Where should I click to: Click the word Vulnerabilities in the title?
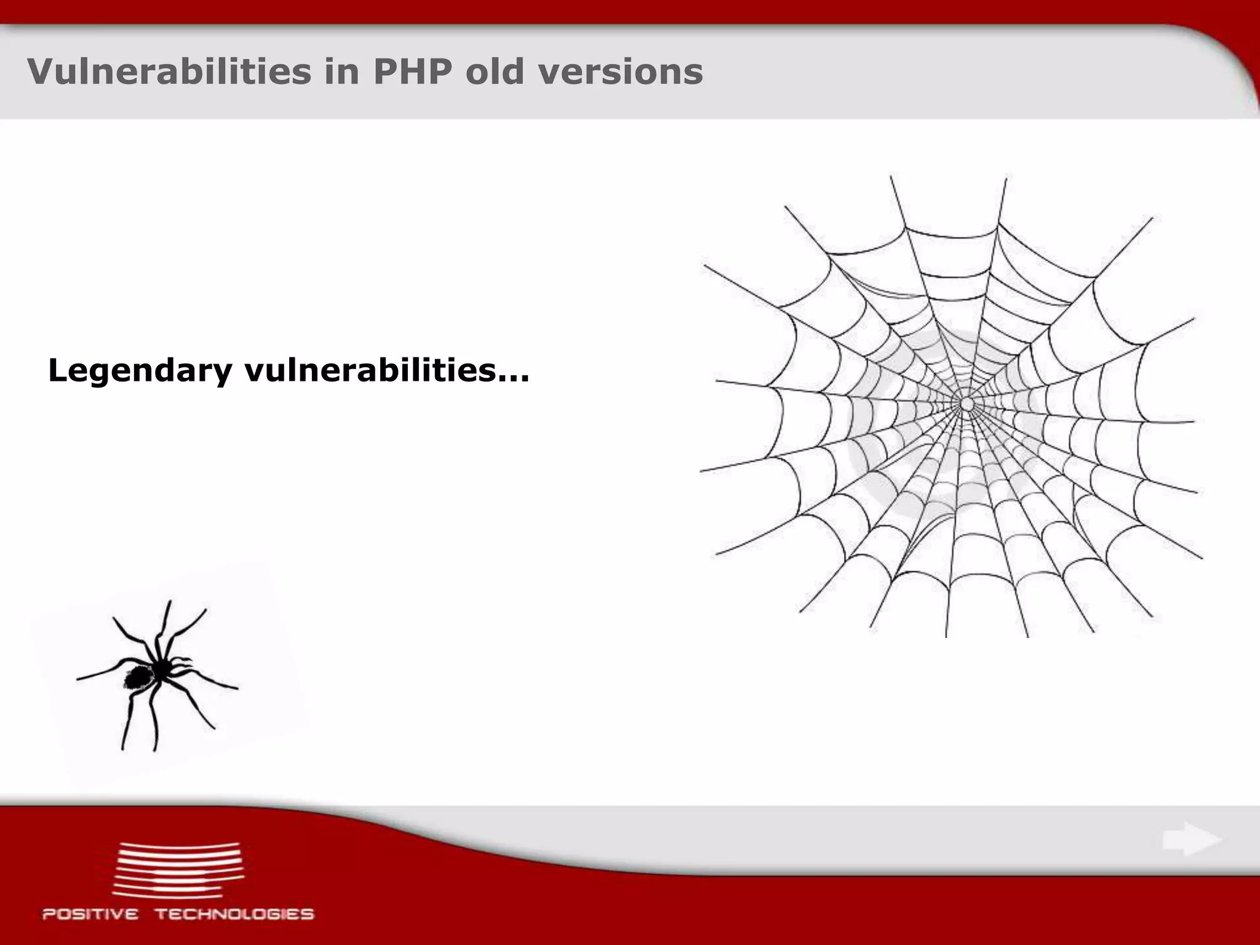pyautogui.click(x=169, y=71)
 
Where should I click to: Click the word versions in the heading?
pyautogui.click(x=621, y=71)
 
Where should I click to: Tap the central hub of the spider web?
pyautogui.click(x=967, y=404)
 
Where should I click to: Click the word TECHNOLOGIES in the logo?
pyautogui.click(x=234, y=914)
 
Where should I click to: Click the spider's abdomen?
pyautogui.click(x=138, y=677)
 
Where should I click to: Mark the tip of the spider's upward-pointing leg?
pyautogui.click(x=169, y=602)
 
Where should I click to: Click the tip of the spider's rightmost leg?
pyautogui.click(x=237, y=687)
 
